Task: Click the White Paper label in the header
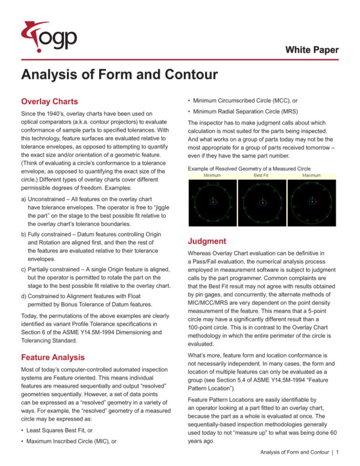click(312, 50)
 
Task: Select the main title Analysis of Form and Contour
click(119, 75)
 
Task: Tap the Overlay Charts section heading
click(49, 101)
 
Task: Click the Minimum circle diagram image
click(212, 202)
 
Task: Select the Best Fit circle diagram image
click(261, 202)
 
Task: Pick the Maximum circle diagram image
click(311, 202)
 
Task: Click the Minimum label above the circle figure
click(212, 175)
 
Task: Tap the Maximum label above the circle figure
click(311, 175)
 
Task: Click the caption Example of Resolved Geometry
click(249, 168)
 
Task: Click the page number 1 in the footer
click(337, 453)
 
